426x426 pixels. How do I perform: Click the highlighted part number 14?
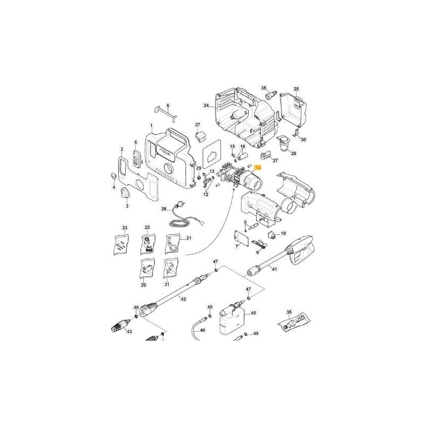tap(258, 168)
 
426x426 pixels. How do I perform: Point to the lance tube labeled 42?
tap(173, 293)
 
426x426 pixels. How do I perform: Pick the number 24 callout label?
tap(206, 105)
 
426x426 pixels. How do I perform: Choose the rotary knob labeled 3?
tap(126, 192)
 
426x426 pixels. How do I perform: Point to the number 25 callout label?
tap(297, 88)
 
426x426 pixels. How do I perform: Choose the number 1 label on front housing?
tap(151, 126)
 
